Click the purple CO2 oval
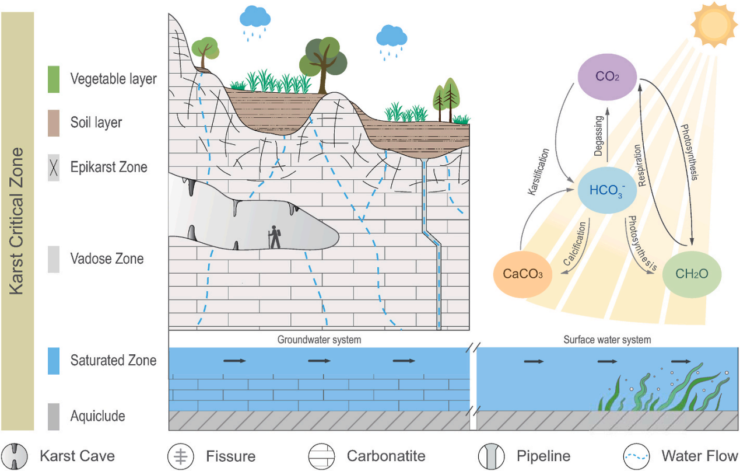pyautogui.click(x=608, y=76)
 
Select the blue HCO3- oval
pyautogui.click(x=607, y=191)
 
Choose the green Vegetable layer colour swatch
pyautogui.click(x=54, y=79)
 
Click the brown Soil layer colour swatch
pyautogui.click(x=54, y=123)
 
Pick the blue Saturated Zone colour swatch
pyautogui.click(x=54, y=360)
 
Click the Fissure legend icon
pyautogui.click(x=180, y=456)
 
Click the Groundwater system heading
pyautogui.click(x=319, y=339)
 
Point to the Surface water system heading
pyautogui.click(x=606, y=339)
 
